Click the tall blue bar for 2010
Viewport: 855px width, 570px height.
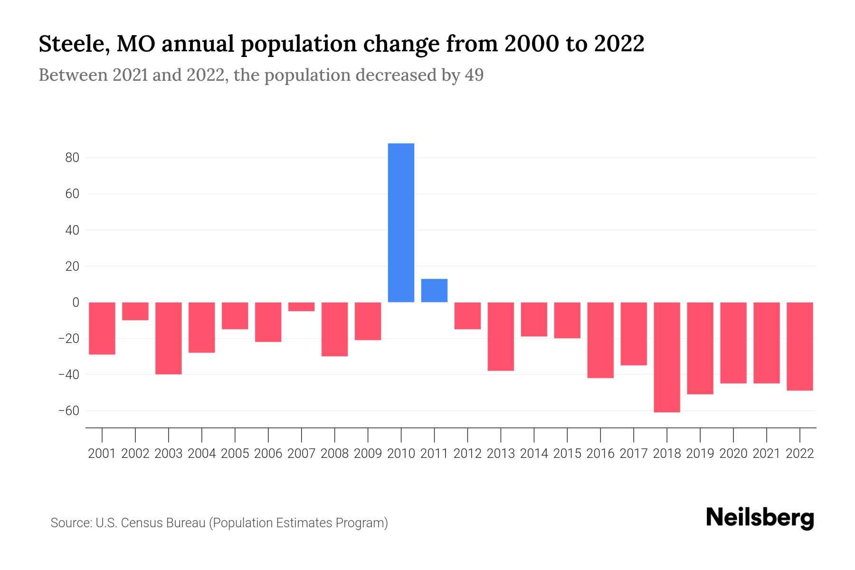point(401,222)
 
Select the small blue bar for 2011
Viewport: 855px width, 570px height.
point(434,290)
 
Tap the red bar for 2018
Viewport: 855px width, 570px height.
point(666,357)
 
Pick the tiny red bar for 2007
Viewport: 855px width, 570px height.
point(301,306)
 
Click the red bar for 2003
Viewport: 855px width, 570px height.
point(169,338)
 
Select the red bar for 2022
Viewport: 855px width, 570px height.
point(799,346)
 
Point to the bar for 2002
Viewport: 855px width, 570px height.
point(135,311)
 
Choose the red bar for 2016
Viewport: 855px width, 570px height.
point(600,340)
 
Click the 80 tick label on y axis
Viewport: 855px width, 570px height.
point(72,158)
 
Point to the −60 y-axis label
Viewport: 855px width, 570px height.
point(68,411)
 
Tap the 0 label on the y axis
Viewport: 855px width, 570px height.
point(76,303)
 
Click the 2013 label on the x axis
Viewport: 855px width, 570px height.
point(501,454)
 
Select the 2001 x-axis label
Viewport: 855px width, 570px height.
point(102,454)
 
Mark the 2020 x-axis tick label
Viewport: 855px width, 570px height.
point(733,454)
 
